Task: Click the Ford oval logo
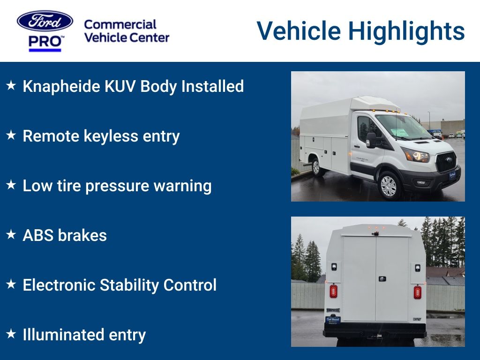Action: pyautogui.click(x=45, y=21)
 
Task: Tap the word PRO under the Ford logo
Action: pyautogui.click(x=45, y=42)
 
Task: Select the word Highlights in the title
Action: pyautogui.click(x=406, y=31)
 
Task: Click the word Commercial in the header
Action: pyautogui.click(x=120, y=24)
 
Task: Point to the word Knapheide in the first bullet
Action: pyautogui.click(x=61, y=87)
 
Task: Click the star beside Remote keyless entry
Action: pyautogui.click(x=11, y=135)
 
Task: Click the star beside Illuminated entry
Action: pyautogui.click(x=11, y=333)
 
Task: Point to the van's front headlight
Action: pyautogui.click(x=416, y=155)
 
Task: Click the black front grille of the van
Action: pyautogui.click(x=446, y=161)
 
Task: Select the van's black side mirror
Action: pyautogui.click(x=371, y=140)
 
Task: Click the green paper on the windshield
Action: pyautogui.click(x=399, y=133)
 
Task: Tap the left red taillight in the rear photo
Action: pyautogui.click(x=333, y=292)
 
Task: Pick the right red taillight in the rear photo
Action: pyautogui.click(x=417, y=292)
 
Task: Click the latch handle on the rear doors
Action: pyautogui.click(x=382, y=278)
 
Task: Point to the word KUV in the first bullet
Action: pyautogui.click(x=120, y=86)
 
